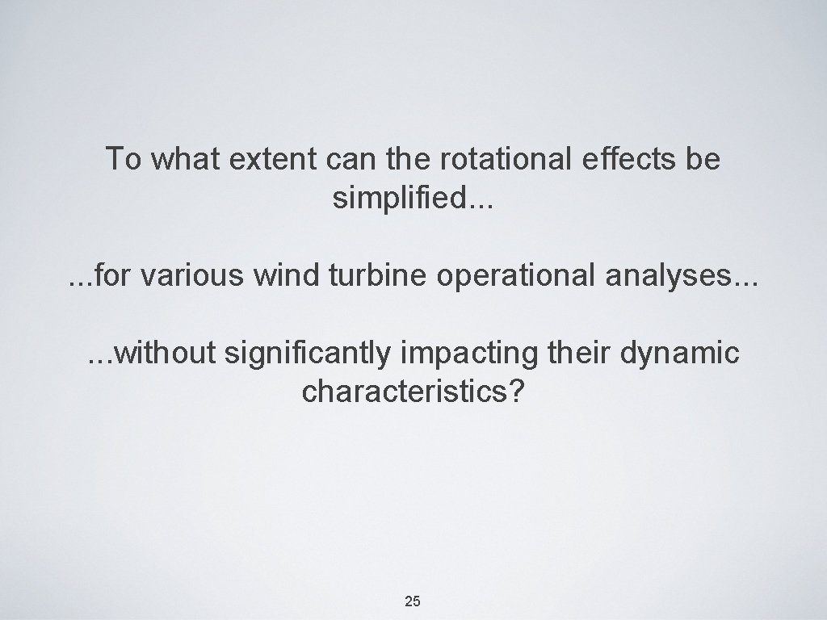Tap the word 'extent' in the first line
coord(272,160)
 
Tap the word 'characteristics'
coord(406,393)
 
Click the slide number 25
coord(413,601)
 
